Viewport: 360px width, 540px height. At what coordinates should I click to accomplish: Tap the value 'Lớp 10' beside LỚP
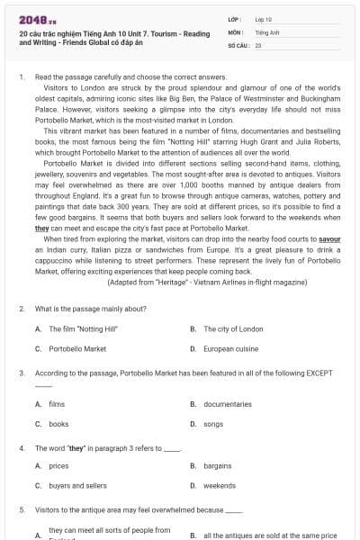(264, 19)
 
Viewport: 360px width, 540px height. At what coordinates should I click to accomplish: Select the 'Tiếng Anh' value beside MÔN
(267, 31)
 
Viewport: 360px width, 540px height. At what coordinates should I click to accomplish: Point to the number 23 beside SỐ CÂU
(258, 44)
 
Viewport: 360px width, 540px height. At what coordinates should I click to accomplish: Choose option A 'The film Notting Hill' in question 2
(76, 329)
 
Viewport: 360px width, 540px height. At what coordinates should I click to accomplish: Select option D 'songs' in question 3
(213, 423)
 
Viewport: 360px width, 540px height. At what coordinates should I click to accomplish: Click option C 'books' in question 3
(58, 423)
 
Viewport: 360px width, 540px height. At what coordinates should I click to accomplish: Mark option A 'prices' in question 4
(58, 466)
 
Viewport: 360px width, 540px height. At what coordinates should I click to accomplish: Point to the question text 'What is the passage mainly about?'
(83, 309)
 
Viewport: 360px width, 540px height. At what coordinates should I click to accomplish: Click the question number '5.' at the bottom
(22, 509)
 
